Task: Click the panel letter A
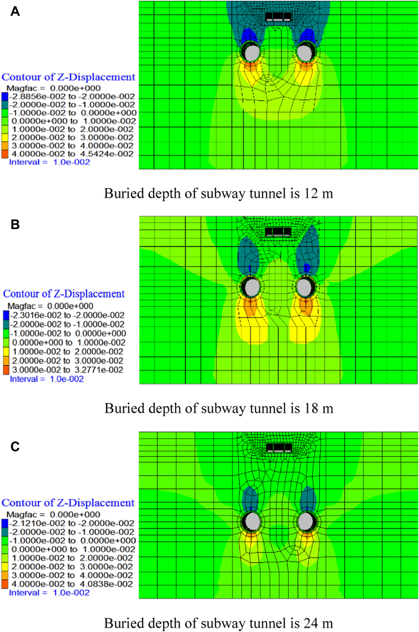pyautogui.click(x=15, y=12)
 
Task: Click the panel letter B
pyautogui.click(x=15, y=224)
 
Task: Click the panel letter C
pyautogui.click(x=15, y=446)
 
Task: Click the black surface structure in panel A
pyautogui.click(x=278, y=17)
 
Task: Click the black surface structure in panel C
pyautogui.click(x=279, y=448)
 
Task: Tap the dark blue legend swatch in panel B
pyautogui.click(x=6, y=315)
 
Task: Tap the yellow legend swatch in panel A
pyautogui.click(x=4, y=137)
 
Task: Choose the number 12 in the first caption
pyautogui.click(x=310, y=194)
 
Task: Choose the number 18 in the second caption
pyautogui.click(x=311, y=409)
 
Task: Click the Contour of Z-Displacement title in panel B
pyautogui.click(x=64, y=294)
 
